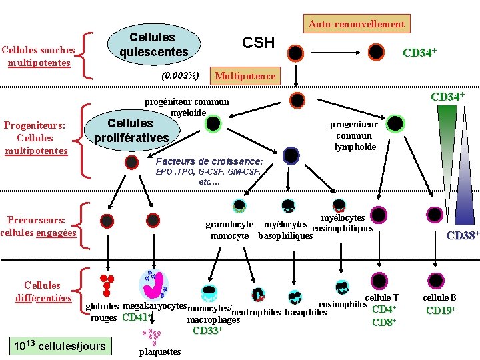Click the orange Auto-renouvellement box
[x=356, y=24]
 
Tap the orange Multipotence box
[x=245, y=76]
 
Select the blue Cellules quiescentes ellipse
[x=152, y=44]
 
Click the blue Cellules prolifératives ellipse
[x=130, y=131]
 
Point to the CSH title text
[x=258, y=43]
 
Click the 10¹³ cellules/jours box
[x=61, y=345]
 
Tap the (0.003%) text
[x=180, y=75]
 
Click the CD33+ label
[x=207, y=330]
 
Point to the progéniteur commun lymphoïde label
[x=354, y=135]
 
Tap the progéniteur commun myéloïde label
[x=187, y=107]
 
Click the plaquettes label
[x=160, y=351]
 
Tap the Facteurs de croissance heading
[x=209, y=161]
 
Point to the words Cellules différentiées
[x=42, y=291]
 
